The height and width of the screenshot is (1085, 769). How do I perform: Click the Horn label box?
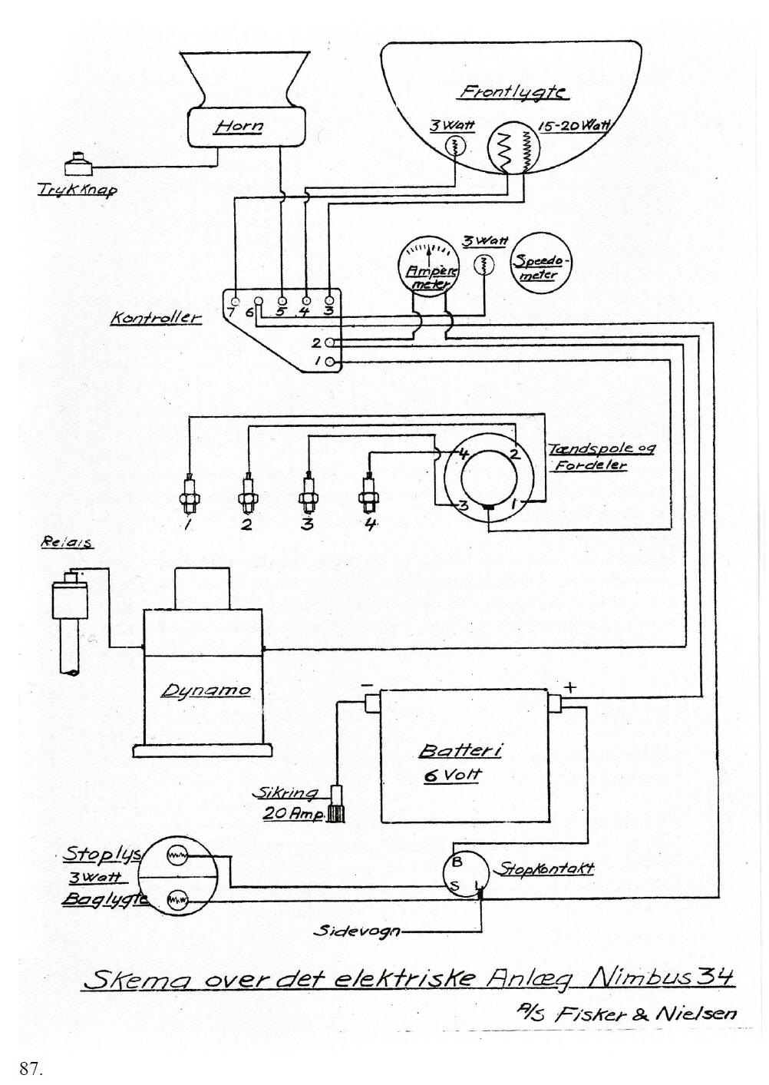246,127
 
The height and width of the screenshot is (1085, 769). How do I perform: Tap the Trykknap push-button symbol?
78,164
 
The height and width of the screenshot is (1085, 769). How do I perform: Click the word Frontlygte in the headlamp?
513,92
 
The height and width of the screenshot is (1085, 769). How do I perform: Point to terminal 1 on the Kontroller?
330,361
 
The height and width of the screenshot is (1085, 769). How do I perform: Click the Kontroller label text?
156,317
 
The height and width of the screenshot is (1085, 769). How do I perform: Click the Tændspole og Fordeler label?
601,456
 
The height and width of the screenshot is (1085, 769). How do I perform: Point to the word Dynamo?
205,690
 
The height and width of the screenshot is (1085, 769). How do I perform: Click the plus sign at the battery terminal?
571,686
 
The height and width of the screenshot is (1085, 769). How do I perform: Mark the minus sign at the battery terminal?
367,685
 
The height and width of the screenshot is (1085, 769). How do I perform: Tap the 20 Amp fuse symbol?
336,804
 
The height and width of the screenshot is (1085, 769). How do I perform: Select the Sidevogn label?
356,931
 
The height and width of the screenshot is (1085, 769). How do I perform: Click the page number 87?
30,1068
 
